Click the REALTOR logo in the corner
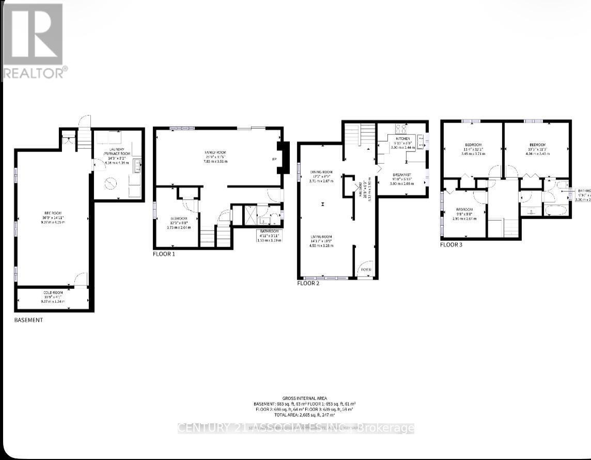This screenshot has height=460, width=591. [x=34, y=40]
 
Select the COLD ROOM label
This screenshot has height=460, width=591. [x=53, y=293]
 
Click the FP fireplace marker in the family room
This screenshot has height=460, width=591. [x=274, y=159]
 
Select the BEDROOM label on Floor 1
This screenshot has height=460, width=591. [x=178, y=219]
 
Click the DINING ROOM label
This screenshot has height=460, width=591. [x=322, y=172]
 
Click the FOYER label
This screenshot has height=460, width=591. [x=366, y=270]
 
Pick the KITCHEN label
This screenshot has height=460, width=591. [x=402, y=139]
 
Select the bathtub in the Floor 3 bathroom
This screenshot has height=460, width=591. [x=555, y=210]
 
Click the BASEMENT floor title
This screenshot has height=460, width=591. [x=28, y=320]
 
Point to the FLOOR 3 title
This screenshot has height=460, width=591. [x=451, y=244]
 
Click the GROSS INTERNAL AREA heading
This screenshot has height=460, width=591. [x=304, y=397]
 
